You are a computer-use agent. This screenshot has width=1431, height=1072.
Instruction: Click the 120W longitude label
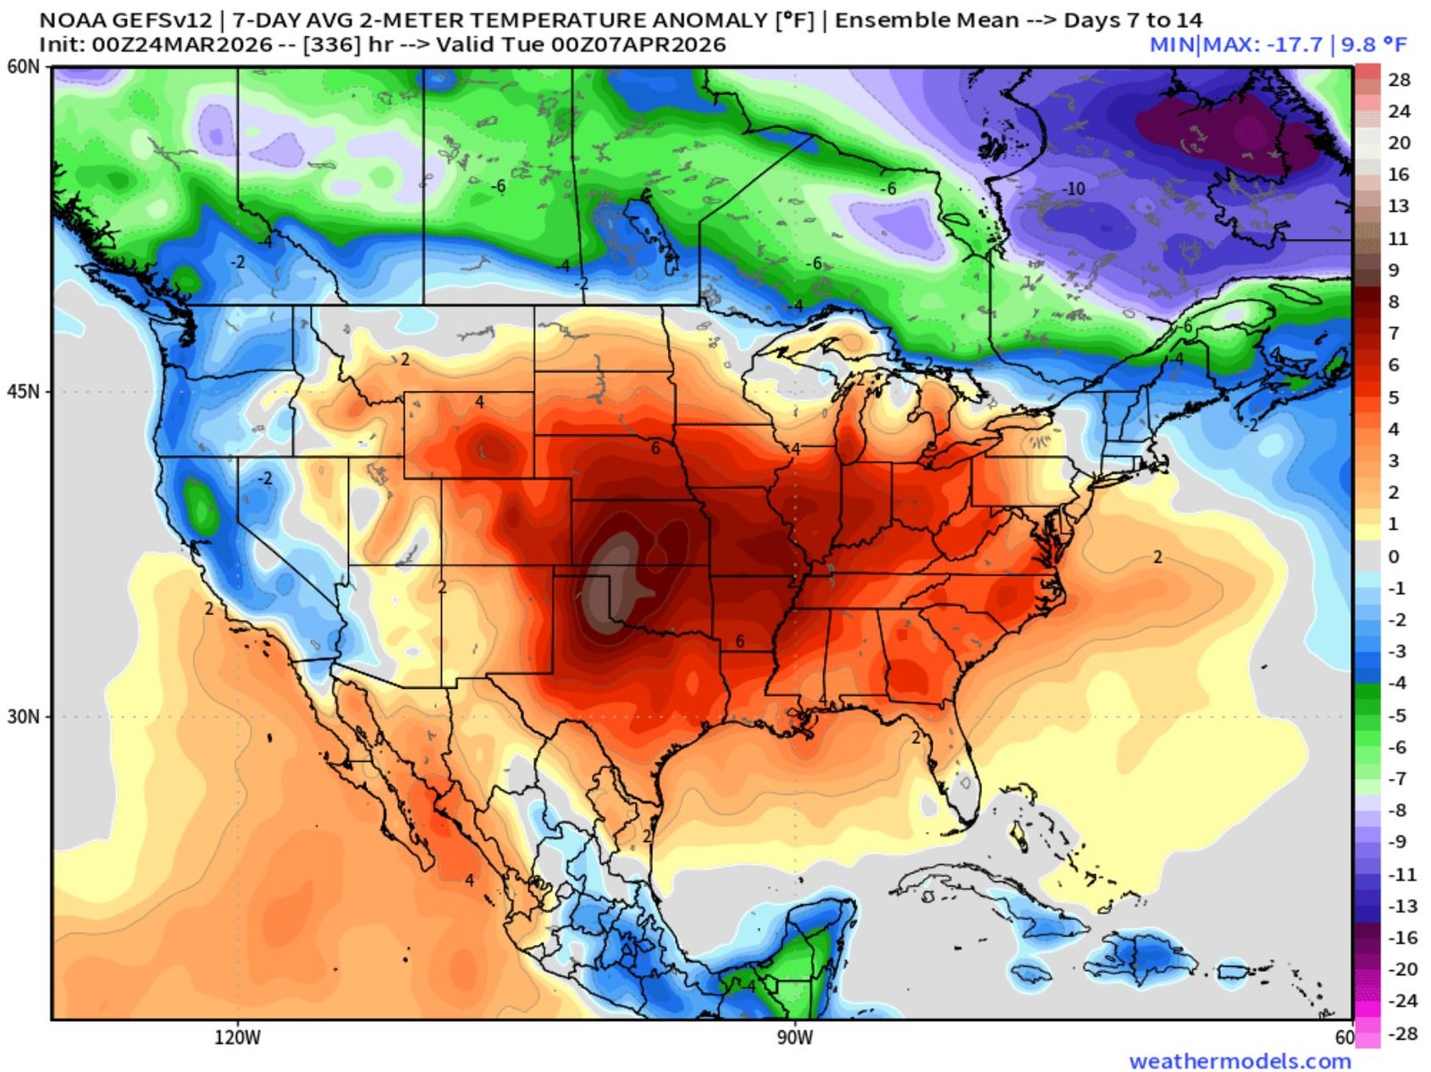238,1038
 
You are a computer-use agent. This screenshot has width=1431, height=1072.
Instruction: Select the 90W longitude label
794,1038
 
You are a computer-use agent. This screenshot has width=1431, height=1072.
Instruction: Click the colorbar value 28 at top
1399,80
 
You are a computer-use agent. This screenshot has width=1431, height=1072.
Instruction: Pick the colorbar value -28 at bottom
1403,1034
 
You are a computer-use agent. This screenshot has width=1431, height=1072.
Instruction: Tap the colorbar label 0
1393,557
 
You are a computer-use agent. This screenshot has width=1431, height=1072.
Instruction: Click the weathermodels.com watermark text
1240,1061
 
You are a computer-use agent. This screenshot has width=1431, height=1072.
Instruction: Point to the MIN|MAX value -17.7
1291,45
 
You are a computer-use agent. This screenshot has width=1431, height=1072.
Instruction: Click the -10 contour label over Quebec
1073,189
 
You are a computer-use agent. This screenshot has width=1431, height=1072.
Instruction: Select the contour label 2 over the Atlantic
1157,557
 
